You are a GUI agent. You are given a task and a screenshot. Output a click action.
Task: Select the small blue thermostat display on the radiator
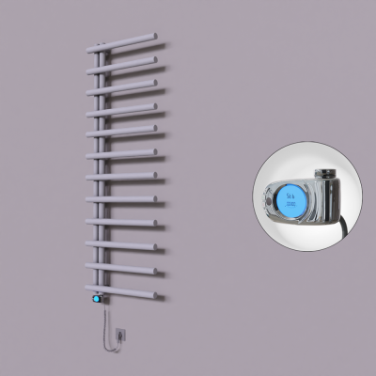96,299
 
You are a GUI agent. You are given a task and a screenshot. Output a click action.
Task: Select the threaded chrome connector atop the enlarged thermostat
324,173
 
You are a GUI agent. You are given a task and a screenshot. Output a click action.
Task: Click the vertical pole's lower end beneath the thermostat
97,310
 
